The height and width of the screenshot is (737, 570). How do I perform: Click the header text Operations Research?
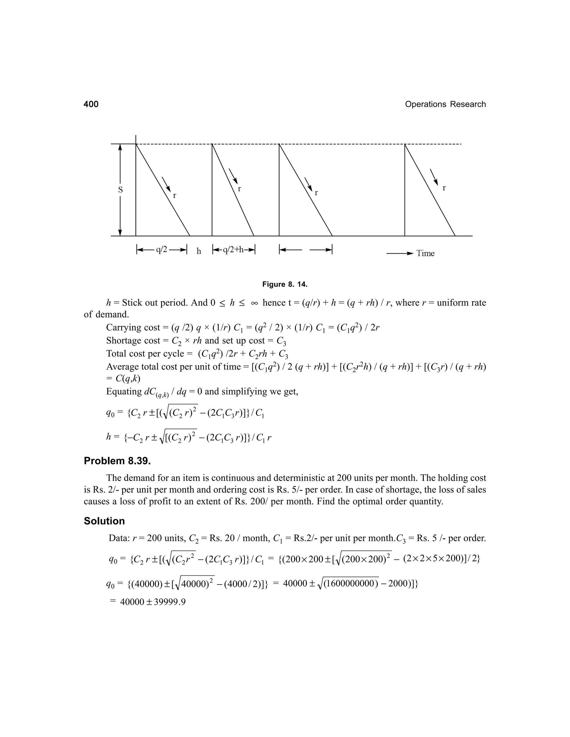pyautogui.click(x=445, y=104)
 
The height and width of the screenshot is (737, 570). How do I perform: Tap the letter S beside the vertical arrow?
pyautogui.click(x=120, y=190)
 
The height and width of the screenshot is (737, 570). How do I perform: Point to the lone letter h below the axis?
pyautogui.click(x=199, y=251)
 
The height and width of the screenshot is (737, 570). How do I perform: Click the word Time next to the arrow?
pyautogui.click(x=425, y=253)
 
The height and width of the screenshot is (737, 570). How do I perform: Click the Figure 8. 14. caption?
pyautogui.click(x=285, y=285)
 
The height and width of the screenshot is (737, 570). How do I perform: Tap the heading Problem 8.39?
pyautogui.click(x=117, y=461)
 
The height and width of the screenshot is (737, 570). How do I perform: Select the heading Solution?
pyautogui.click(x=104, y=521)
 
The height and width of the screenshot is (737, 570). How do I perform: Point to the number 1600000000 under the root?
pyautogui.click(x=350, y=583)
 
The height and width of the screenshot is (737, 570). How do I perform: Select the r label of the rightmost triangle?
pyautogui.click(x=444, y=188)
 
